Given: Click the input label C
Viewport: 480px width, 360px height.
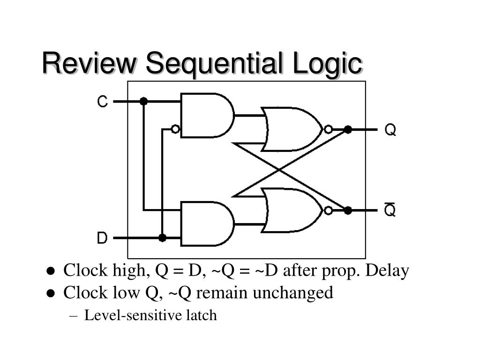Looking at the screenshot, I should [x=102, y=101].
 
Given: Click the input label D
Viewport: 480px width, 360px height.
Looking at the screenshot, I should [x=102, y=238].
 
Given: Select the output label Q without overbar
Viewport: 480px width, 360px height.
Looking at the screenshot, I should [x=390, y=129].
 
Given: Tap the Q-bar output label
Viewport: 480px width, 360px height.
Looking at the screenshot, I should [x=390, y=210].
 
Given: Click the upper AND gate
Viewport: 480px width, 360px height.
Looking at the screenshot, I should [x=206, y=115].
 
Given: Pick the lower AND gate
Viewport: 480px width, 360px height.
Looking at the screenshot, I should [x=206, y=224].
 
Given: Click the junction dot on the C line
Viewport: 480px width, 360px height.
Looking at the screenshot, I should [x=143, y=101].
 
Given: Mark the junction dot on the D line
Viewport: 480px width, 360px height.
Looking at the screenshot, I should [x=162, y=238].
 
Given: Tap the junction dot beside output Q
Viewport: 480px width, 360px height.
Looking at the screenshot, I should [x=348, y=129].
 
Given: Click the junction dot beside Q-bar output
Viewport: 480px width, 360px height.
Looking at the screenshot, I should [x=348, y=210].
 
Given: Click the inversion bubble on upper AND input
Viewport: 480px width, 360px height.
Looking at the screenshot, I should [x=175, y=129].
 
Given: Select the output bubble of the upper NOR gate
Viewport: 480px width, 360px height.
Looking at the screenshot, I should [x=328, y=129].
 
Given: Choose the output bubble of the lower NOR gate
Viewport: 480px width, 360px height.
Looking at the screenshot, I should [x=328, y=210].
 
